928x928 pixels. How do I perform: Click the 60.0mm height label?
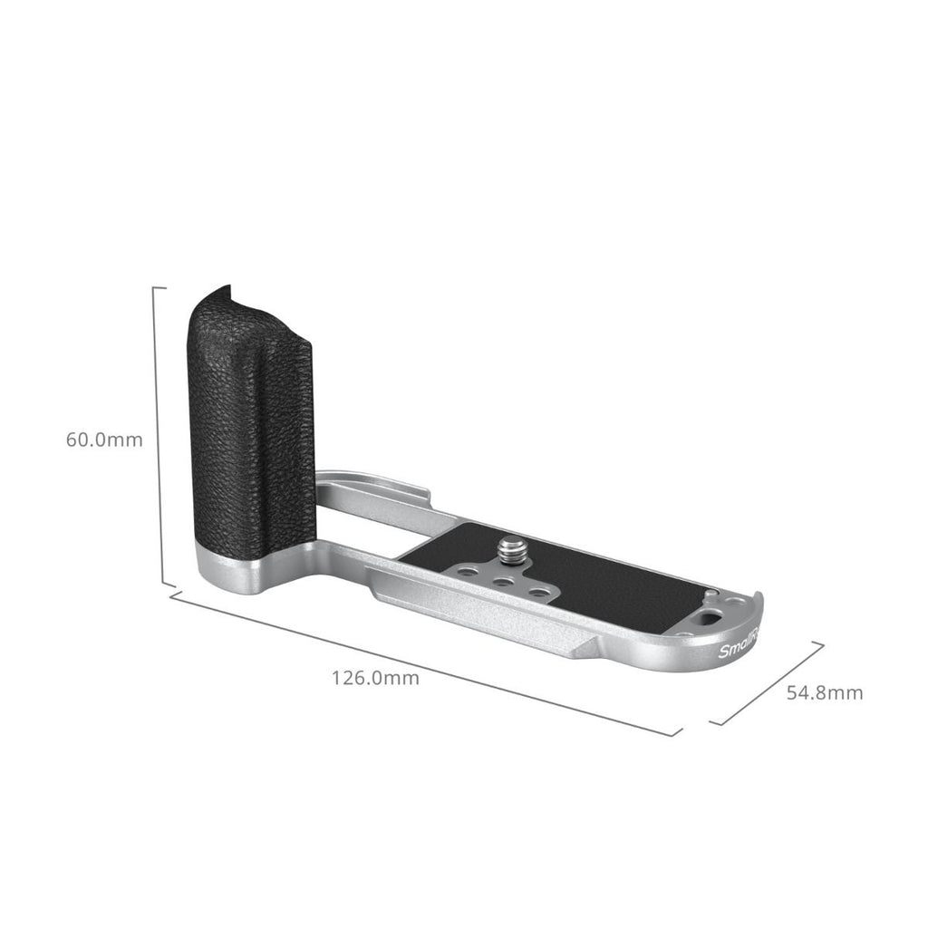[x=104, y=440]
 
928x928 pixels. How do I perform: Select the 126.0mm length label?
[x=375, y=678]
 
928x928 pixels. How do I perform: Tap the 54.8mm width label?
[x=824, y=693]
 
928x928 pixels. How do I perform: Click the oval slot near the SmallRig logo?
[x=711, y=621]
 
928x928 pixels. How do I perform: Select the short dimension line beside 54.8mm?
[x=768, y=684]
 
